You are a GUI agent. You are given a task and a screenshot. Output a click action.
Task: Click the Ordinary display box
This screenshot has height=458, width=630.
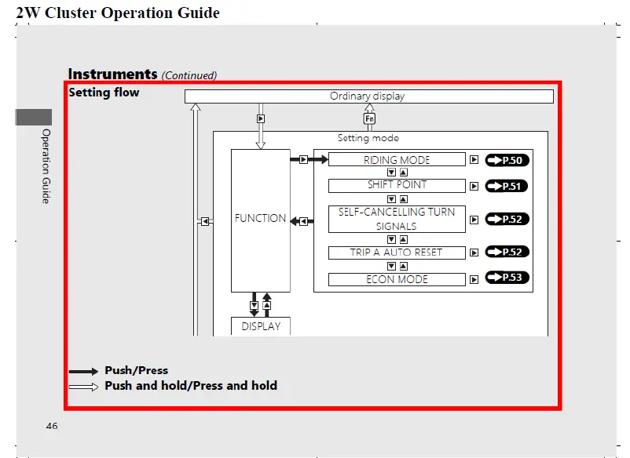368,96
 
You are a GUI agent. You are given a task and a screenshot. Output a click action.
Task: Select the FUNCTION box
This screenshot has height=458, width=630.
260,219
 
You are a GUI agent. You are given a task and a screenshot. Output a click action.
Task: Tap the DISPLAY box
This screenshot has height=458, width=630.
261,326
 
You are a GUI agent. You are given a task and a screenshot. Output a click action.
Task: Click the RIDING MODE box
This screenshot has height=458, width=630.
397,160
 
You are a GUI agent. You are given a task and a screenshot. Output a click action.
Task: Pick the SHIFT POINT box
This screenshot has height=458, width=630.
397,186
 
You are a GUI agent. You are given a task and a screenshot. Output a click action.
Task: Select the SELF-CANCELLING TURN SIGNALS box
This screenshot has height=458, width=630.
397,219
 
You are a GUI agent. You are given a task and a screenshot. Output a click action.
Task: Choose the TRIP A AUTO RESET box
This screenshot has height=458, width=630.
397,253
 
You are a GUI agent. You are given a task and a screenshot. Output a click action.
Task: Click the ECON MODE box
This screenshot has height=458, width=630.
397,279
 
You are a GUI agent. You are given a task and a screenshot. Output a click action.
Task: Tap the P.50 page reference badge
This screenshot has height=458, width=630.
507,160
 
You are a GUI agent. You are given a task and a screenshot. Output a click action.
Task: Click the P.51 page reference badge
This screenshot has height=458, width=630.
506,187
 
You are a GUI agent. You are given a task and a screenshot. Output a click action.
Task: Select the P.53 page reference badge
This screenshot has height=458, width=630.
507,278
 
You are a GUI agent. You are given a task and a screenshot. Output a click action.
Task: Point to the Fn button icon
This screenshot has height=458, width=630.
369,118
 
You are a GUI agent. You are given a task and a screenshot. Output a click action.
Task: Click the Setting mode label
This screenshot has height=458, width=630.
368,138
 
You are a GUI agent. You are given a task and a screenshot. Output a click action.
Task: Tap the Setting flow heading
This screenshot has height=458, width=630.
104,93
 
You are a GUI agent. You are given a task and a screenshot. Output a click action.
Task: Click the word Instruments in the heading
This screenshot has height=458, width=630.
112,75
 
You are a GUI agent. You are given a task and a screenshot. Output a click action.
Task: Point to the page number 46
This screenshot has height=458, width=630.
52,426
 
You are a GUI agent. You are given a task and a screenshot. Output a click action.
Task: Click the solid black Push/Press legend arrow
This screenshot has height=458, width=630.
83,371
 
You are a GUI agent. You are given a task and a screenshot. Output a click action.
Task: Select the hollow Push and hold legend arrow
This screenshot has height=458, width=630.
83,386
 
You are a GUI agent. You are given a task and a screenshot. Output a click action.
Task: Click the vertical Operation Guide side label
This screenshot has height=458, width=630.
46,166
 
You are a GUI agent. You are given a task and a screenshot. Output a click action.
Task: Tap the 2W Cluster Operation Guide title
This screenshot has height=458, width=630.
118,13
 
